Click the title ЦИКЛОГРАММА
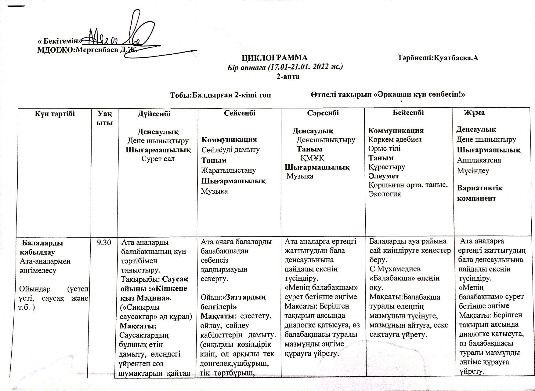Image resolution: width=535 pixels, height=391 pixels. tap(275, 58)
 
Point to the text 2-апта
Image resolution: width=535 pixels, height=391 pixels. tap(288, 76)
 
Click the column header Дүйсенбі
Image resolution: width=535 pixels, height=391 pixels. tap(154, 114)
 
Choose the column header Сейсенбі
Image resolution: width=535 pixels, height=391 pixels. tap(240, 113)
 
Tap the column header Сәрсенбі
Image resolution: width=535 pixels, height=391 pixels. tap(323, 113)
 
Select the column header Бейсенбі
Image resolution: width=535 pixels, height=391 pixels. tap(408, 112)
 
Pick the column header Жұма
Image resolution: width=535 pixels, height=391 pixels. tap(474, 112)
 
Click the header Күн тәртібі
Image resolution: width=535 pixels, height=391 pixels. tap(55, 114)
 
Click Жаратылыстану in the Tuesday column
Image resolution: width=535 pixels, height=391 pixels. tap(229, 170)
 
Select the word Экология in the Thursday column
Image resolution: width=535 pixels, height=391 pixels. tap(385, 194)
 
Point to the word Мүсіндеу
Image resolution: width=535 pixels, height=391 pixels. tap(473, 171)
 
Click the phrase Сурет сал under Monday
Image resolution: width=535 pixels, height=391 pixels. tap(158, 159)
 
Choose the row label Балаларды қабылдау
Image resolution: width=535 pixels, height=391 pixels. tap(41, 247)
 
